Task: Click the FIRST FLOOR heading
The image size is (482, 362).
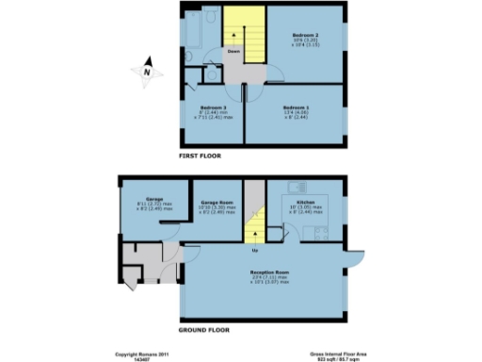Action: click(x=200, y=156)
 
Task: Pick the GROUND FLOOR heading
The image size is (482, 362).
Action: click(x=204, y=331)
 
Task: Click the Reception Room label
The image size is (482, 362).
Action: click(x=269, y=272)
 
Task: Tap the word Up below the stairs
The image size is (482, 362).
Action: click(x=254, y=251)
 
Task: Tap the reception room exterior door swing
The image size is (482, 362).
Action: click(x=355, y=258)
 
